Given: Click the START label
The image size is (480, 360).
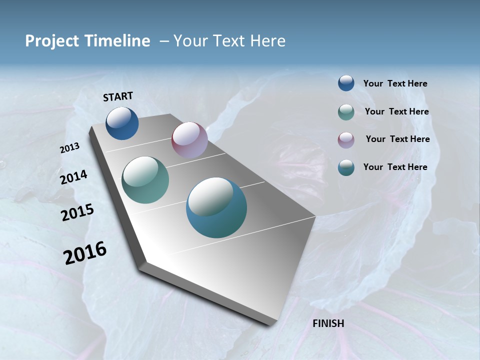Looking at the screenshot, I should (118, 96).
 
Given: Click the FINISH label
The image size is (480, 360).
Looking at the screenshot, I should (328, 323).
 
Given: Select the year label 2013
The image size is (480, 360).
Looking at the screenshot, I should (70, 147).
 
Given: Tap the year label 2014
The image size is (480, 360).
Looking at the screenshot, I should (73, 177).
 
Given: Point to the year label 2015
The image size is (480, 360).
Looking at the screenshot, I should (77, 212).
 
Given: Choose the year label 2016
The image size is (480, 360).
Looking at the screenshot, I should (85, 253).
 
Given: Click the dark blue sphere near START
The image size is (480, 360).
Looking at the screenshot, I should (122, 123).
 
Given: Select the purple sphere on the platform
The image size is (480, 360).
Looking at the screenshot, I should (189, 140).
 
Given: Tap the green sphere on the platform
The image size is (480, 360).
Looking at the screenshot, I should (145, 180).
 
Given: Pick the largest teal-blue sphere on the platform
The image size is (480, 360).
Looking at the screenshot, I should (216, 207).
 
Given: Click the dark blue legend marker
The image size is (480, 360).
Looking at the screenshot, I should (346, 83).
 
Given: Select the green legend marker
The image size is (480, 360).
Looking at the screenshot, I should (346, 112).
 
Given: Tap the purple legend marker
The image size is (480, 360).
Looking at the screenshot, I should (346, 140).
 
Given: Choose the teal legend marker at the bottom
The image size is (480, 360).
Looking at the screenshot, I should (346, 167).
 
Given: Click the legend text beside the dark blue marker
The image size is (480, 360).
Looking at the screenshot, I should (395, 83).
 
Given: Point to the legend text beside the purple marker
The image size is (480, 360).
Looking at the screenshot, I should (397, 139).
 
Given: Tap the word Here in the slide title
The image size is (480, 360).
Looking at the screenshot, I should (267, 41).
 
